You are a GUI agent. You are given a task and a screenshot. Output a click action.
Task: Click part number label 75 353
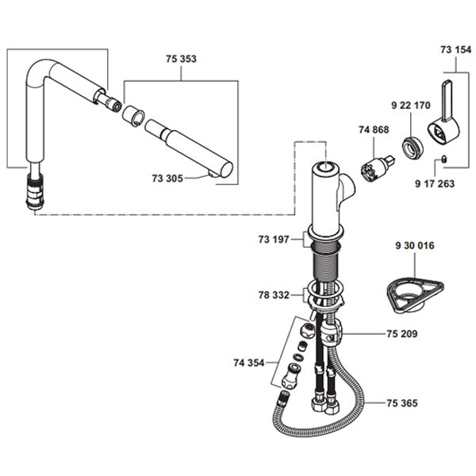click(181, 59)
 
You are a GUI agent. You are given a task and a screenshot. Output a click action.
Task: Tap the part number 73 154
click(456, 49)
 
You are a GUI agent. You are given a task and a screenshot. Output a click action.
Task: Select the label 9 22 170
click(411, 106)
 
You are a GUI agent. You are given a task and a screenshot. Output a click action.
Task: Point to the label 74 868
click(374, 129)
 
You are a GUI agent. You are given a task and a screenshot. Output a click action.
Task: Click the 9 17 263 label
click(435, 183)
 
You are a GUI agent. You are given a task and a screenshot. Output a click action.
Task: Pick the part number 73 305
click(167, 178)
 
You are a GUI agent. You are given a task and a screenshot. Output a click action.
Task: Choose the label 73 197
click(274, 240)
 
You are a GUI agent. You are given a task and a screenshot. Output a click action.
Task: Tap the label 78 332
click(274, 295)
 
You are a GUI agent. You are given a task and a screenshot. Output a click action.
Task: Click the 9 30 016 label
click(415, 245)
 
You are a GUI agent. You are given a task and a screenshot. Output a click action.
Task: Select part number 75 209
click(402, 334)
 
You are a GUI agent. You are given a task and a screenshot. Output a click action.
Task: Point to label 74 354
click(249, 363)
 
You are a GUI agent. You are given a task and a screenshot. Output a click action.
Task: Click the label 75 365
click(402, 403)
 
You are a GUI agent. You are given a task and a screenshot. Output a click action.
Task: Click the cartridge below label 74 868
click(375, 170)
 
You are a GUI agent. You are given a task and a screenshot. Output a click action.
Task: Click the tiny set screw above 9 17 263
click(443, 159)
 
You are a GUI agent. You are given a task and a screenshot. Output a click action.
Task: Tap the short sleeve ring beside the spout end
click(133, 115)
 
